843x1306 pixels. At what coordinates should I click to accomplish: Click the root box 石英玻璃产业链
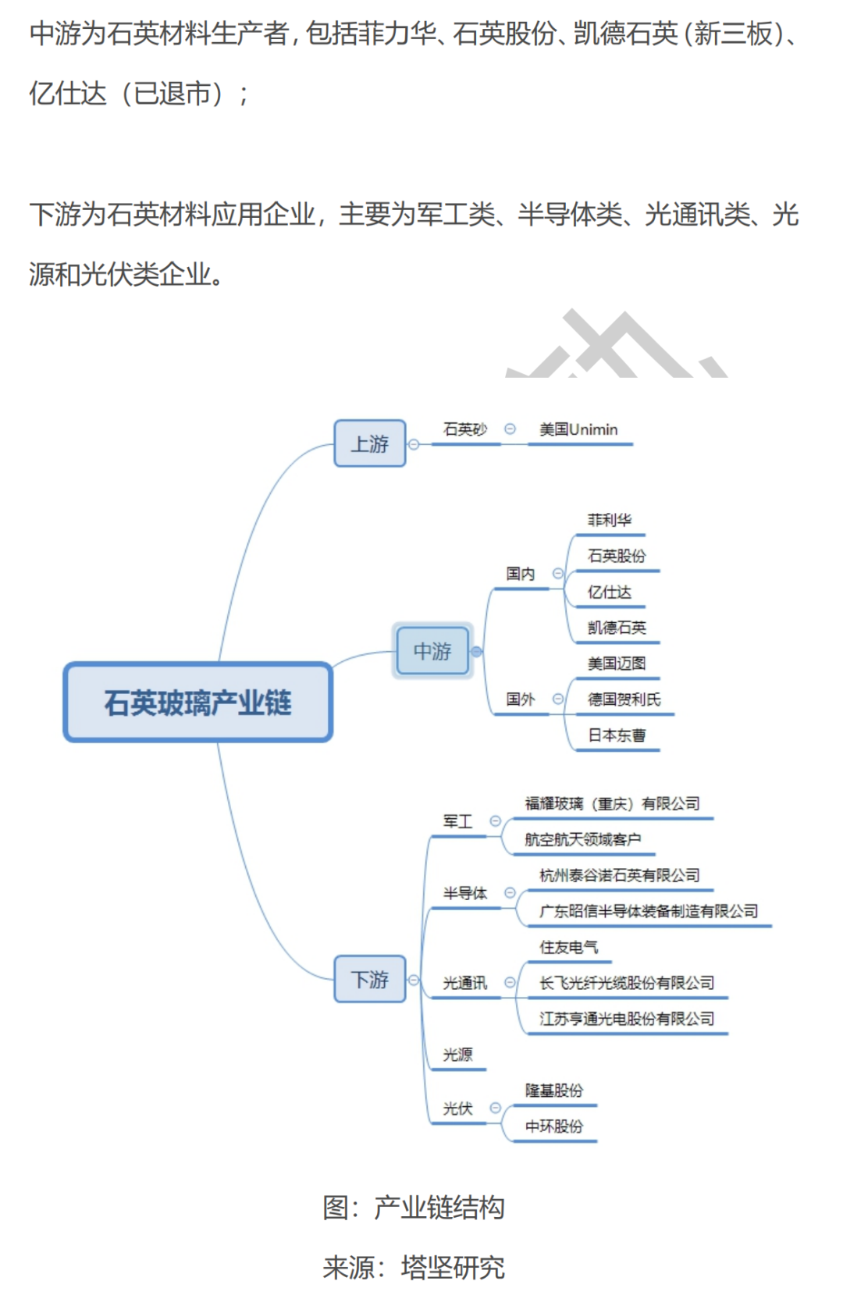point(198,703)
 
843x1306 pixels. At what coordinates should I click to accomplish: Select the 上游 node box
point(370,444)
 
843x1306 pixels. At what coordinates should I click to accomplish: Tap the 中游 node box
point(432,651)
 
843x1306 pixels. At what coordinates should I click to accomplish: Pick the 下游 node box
point(370,979)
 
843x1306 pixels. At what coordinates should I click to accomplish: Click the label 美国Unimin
point(578,430)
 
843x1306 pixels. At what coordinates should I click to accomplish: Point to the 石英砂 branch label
point(464,430)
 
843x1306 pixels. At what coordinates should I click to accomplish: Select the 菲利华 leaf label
point(609,521)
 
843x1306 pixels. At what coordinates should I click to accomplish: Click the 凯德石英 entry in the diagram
point(617,628)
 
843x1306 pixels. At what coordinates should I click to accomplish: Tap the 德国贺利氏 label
point(624,700)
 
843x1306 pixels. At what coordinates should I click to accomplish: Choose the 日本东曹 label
point(617,736)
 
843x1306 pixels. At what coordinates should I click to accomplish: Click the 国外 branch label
point(520,699)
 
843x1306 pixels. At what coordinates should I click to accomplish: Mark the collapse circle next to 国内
point(557,574)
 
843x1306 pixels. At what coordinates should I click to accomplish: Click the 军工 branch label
point(457,822)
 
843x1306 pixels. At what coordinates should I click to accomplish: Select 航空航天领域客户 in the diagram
point(582,840)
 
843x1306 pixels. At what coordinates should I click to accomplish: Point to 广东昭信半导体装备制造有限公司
point(649,912)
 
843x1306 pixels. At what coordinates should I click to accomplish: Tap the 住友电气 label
point(568,948)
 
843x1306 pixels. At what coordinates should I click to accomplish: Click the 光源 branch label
point(457,1055)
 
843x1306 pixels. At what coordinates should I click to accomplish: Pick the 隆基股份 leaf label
point(553,1091)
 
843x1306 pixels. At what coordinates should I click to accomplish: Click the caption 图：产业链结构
point(414,1208)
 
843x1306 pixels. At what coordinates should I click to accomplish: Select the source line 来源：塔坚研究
point(414,1268)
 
